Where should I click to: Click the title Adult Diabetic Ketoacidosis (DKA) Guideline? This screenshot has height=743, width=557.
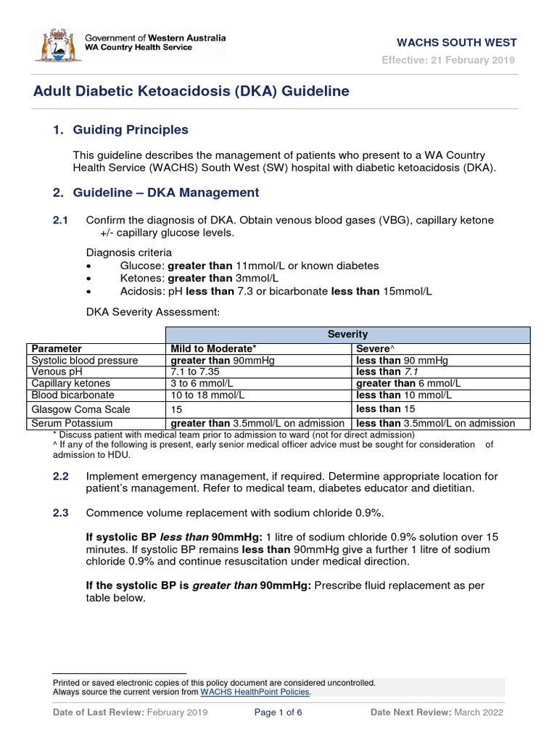191,91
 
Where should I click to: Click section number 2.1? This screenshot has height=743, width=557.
60,220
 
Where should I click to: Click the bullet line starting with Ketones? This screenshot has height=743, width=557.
199,278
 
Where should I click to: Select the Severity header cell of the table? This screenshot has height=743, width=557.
347,334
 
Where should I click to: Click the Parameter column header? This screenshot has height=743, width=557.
57,348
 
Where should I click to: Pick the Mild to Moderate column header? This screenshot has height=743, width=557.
214,348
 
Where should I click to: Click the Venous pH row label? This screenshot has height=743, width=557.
55,371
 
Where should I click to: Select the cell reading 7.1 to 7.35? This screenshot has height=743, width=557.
196,371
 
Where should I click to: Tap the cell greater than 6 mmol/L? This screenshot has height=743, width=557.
408,383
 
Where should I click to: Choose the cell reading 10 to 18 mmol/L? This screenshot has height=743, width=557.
204,395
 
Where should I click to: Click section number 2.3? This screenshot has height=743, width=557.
60,513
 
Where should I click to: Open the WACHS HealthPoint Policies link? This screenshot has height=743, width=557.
255,692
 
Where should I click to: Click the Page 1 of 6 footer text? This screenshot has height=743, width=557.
278,713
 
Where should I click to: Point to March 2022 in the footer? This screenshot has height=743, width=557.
479,713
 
